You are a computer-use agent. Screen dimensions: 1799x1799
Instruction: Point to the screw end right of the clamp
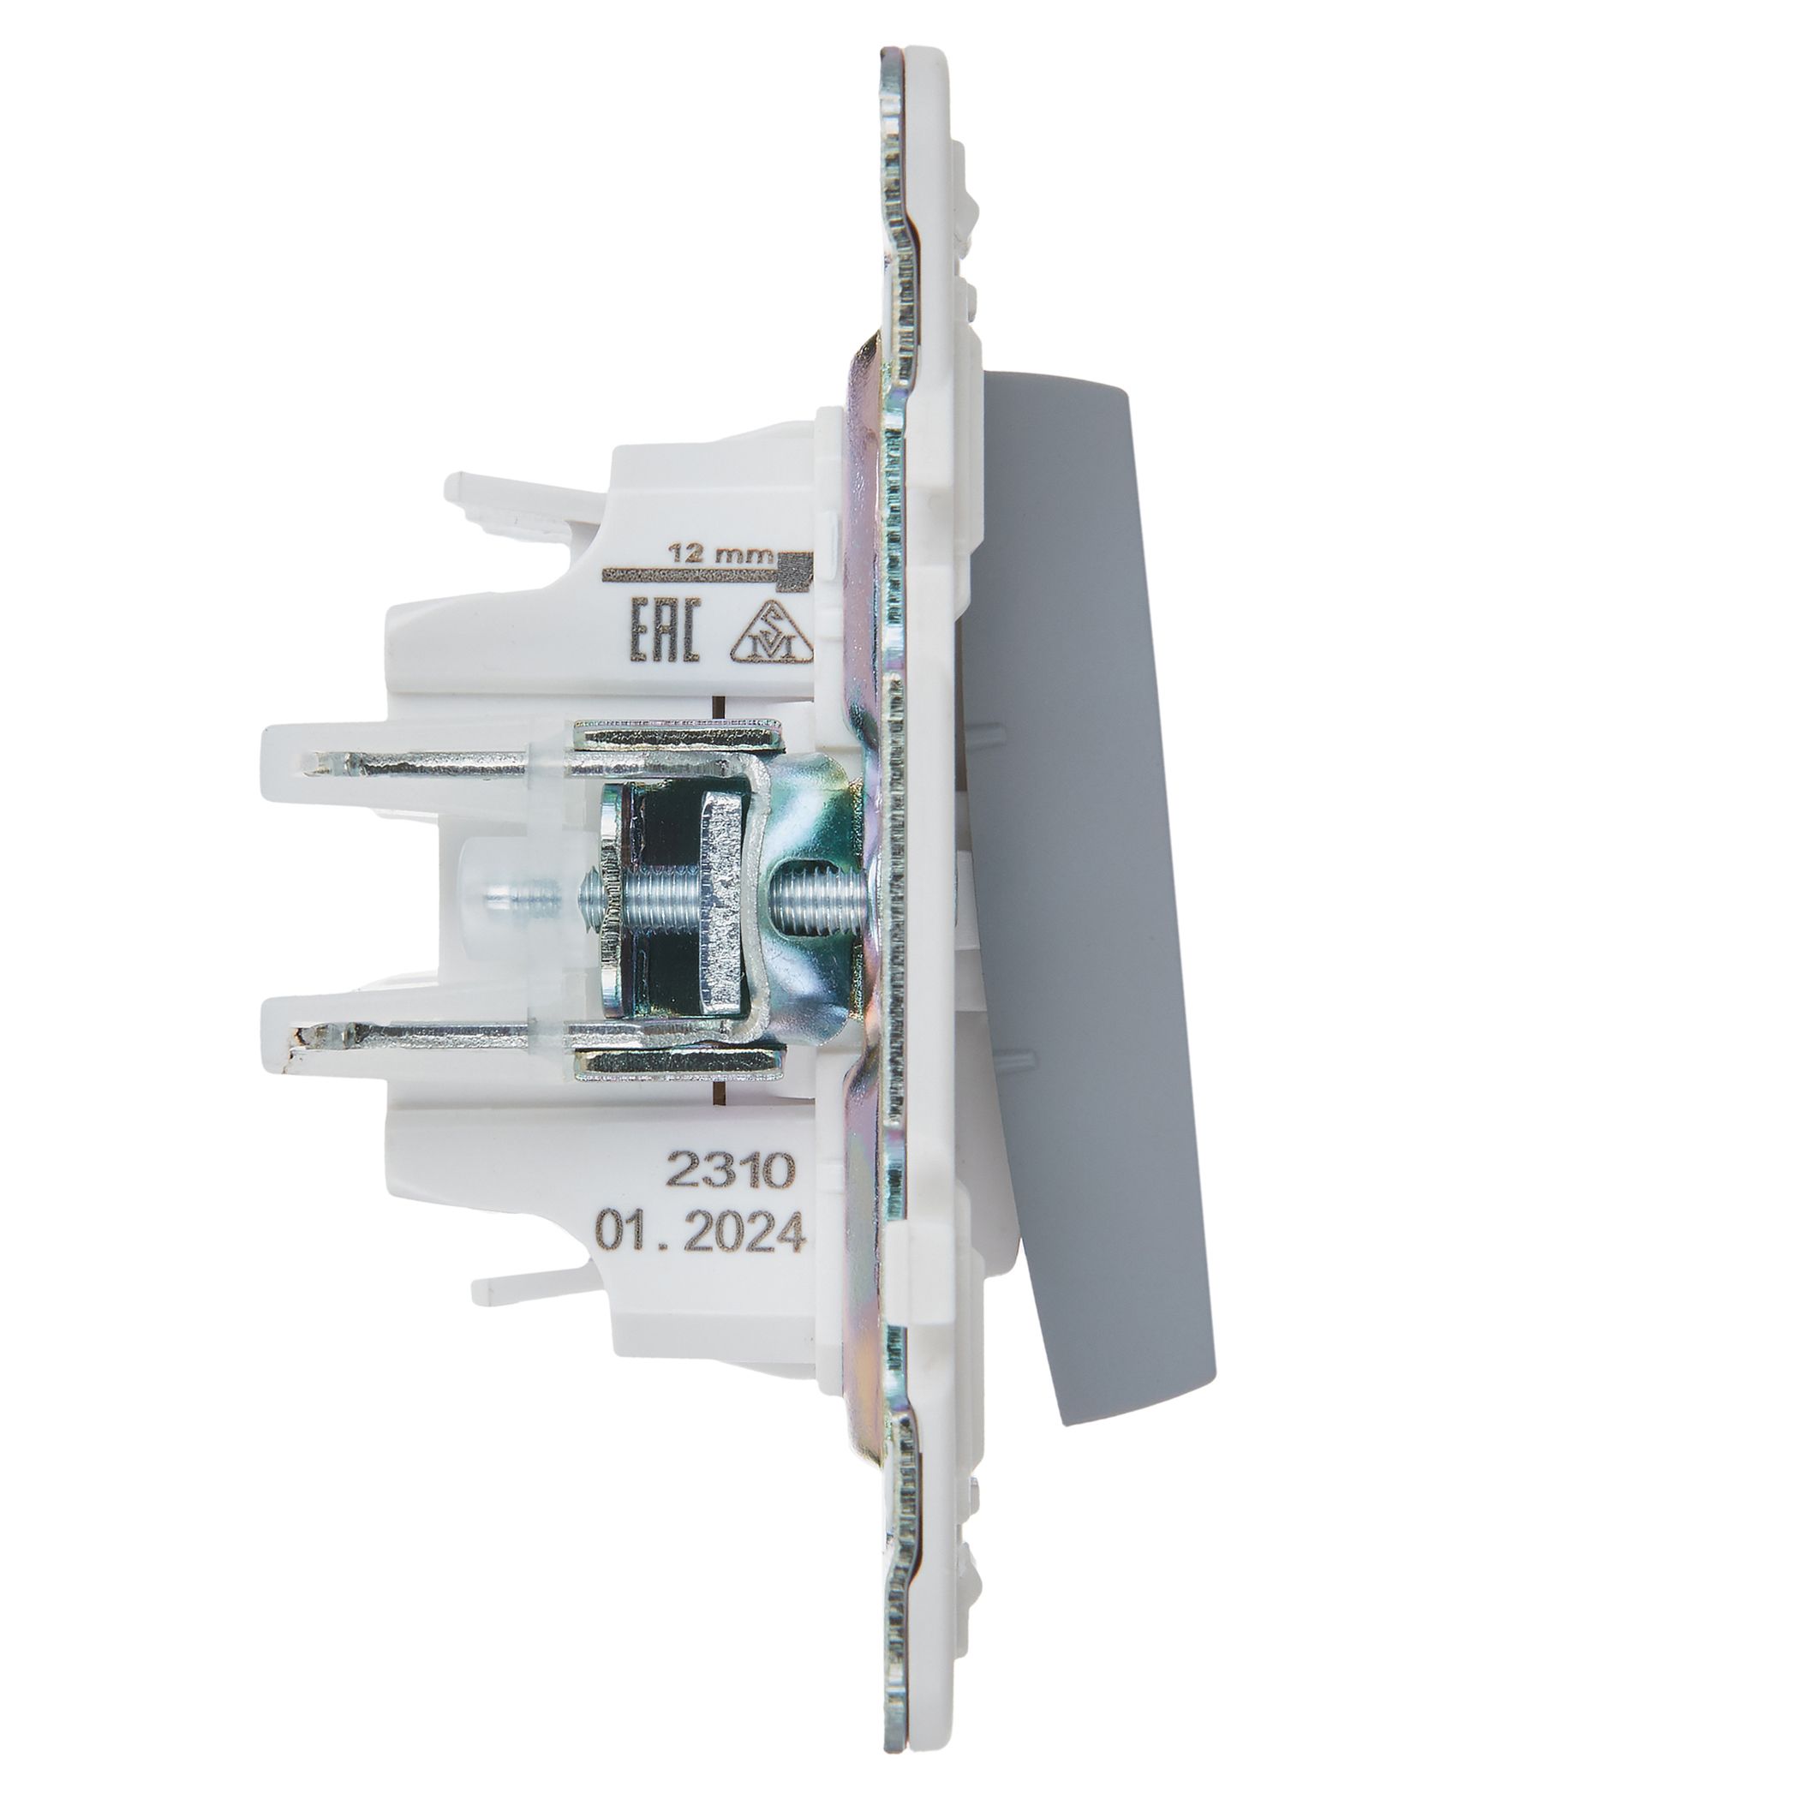click(x=810, y=899)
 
